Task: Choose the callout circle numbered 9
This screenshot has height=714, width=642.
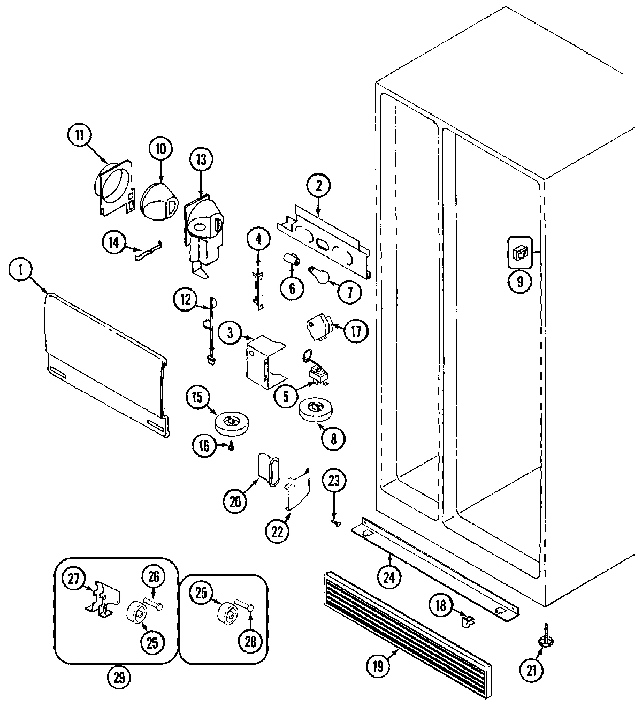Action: (x=519, y=280)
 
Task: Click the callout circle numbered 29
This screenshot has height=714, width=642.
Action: (x=119, y=678)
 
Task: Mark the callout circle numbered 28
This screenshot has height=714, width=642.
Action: (x=250, y=641)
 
